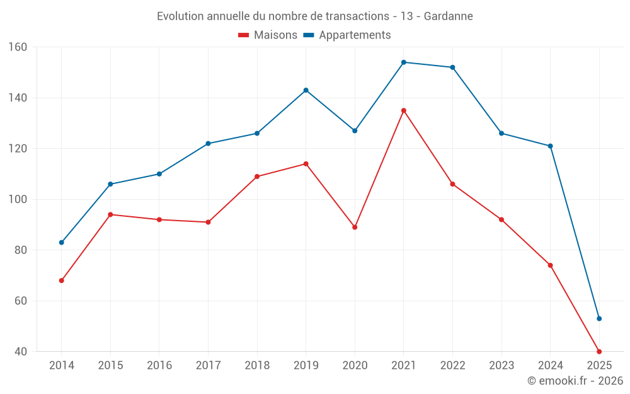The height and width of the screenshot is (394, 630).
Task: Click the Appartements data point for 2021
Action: click(x=404, y=62)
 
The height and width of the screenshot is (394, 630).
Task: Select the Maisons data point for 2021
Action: click(x=404, y=110)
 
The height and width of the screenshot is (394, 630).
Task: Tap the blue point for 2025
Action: click(x=599, y=318)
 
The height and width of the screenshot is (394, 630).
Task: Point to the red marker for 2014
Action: click(x=62, y=281)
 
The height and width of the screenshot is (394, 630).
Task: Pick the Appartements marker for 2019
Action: click(x=306, y=90)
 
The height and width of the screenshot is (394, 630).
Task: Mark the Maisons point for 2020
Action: click(x=355, y=227)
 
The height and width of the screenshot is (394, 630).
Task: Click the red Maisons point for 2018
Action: click(x=257, y=177)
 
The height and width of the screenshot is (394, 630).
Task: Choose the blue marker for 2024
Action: click(x=551, y=146)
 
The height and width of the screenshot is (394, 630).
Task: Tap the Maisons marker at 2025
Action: click(x=599, y=351)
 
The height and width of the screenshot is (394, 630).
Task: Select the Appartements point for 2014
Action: click(x=62, y=243)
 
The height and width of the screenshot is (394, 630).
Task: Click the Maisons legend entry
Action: click(x=268, y=35)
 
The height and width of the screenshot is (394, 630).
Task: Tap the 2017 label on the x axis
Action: click(x=208, y=366)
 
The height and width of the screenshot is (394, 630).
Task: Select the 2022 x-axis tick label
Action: click(x=452, y=366)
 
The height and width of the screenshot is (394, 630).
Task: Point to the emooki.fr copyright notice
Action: click(x=575, y=381)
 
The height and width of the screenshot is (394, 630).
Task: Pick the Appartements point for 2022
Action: click(x=452, y=67)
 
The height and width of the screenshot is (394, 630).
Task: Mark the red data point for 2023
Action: click(x=501, y=219)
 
